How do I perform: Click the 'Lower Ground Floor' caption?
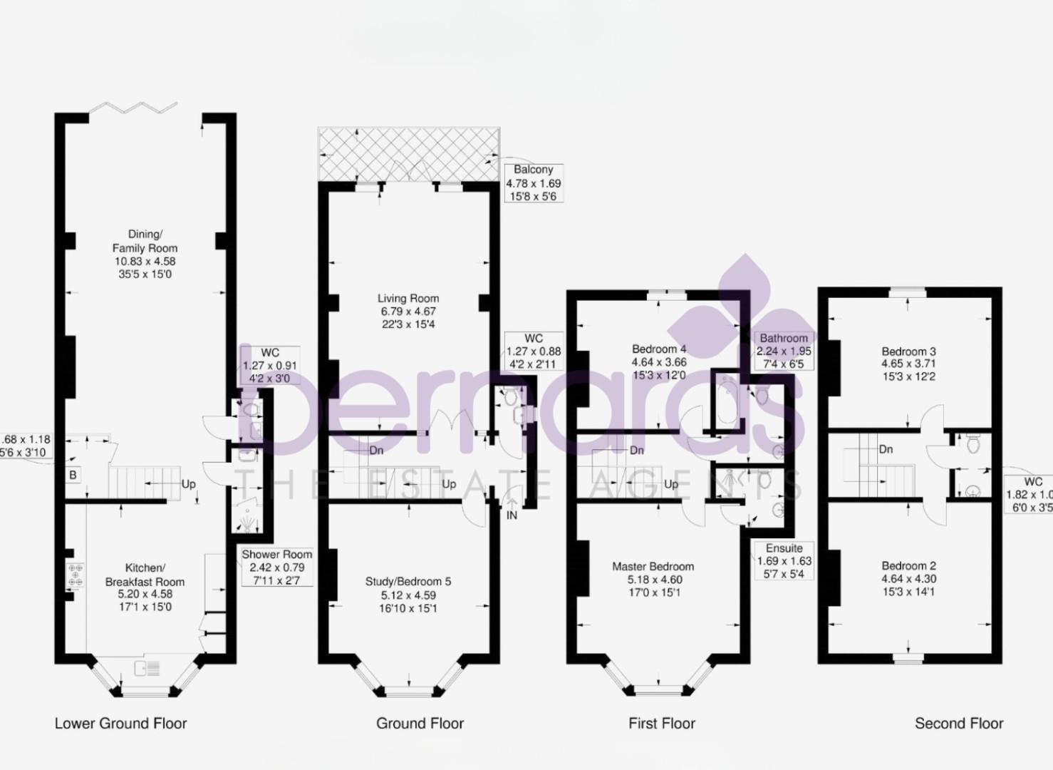coord(120,723)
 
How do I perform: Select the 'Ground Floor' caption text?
coord(420,723)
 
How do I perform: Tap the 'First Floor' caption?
coord(661,723)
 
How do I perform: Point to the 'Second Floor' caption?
coord(958,723)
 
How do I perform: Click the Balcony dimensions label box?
coord(533,183)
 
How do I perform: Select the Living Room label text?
coord(408,311)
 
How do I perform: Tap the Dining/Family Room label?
coord(145,254)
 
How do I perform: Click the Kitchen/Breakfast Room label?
coord(145,587)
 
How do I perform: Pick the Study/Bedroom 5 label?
coord(408,595)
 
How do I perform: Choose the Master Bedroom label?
coord(653,579)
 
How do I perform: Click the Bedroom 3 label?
coord(908,364)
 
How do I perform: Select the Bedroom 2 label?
coord(908,578)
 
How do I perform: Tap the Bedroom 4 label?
coord(659,361)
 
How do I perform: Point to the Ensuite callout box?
coord(784,560)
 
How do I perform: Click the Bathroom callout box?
coord(784,350)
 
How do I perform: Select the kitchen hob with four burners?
coord(75,575)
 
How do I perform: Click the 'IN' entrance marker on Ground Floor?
coord(512,515)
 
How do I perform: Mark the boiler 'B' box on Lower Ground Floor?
coord(73,475)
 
